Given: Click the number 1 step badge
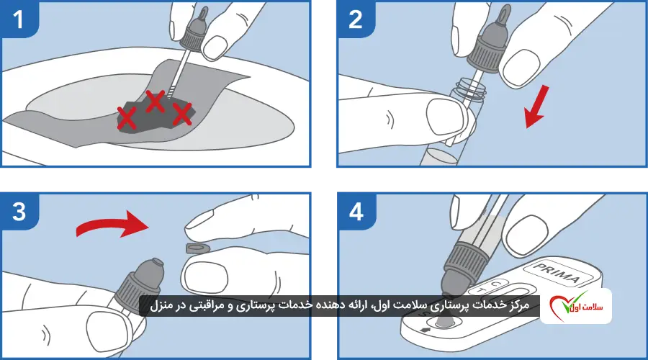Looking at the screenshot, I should pyautogui.click(x=19, y=19).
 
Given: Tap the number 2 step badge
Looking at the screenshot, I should pyautogui.click(x=355, y=19).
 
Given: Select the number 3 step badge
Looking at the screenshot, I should pyautogui.click(x=19, y=212).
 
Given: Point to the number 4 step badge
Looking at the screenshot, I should pyautogui.click(x=355, y=212).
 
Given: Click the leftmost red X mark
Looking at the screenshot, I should pyautogui.click(x=127, y=117).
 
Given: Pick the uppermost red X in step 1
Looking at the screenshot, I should pyautogui.click(x=155, y=101).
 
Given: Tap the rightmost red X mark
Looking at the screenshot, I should pyautogui.click(x=181, y=112).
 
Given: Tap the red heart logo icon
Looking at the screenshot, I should pyautogui.click(x=565, y=306).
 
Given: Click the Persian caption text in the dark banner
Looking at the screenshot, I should pyautogui.click(x=335, y=306).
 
